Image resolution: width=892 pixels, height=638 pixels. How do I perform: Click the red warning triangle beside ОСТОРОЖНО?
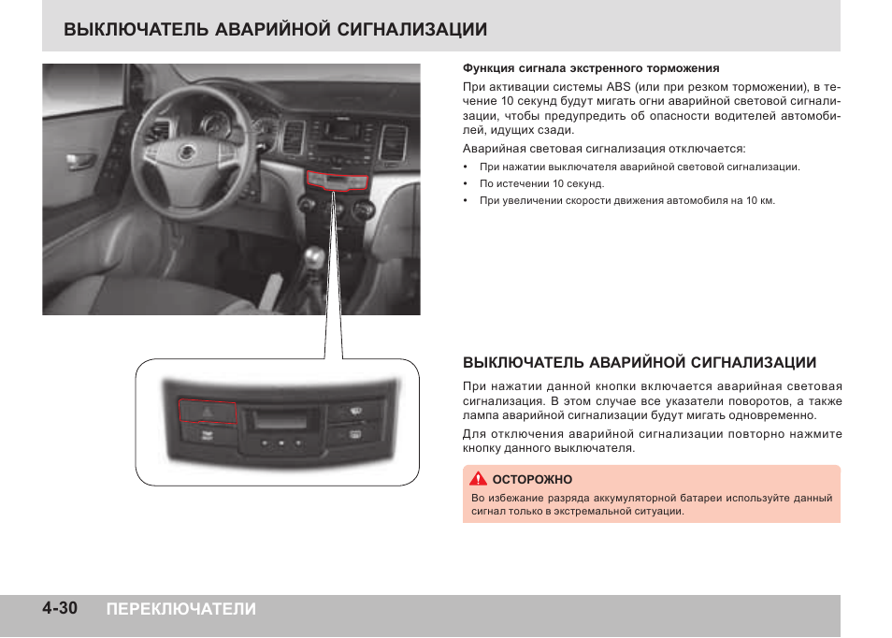(479, 479)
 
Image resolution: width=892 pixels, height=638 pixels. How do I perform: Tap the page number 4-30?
(59, 609)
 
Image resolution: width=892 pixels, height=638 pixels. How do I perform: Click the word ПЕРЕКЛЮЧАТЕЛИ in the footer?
(180, 609)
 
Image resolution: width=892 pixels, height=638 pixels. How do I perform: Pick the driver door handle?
(80, 160)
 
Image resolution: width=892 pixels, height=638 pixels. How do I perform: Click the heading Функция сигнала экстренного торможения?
(591, 68)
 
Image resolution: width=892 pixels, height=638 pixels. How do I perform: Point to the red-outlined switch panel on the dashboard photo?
(342, 181)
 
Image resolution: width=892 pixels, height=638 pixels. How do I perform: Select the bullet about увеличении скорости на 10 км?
(626, 201)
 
